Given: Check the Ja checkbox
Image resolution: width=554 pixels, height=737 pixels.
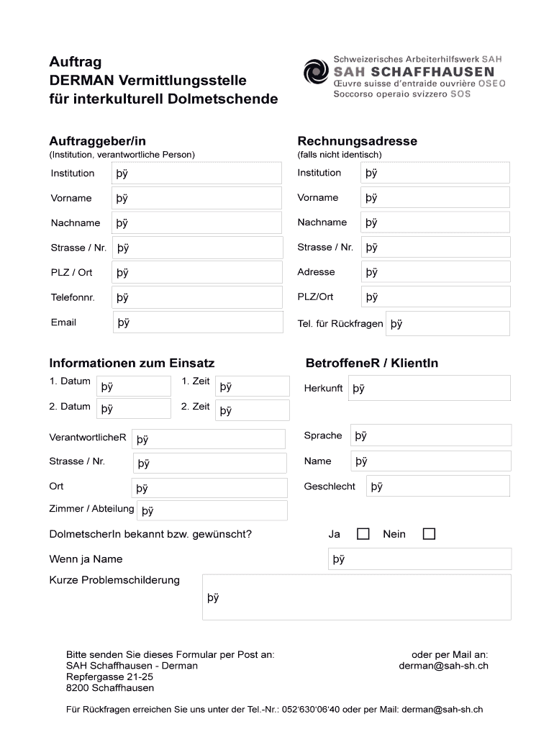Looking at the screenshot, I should coord(363,534).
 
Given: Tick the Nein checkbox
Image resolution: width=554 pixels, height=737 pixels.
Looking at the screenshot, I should coord(429,534).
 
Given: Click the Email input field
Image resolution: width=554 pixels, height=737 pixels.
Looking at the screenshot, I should coord(198,322).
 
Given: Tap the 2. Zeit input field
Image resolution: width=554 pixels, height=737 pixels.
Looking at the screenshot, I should coord(253,410).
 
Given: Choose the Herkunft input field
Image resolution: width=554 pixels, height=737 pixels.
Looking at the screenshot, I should coord(430,388).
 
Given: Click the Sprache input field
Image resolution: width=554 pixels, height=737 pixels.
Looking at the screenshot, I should coord(431,435).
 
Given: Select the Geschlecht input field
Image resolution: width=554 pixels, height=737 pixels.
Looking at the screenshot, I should coord(438,487).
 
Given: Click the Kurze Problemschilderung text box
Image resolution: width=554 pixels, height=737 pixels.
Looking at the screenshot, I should coord(357,597).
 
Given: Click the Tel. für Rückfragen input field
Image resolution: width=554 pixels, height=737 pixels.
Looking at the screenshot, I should coord(448,324).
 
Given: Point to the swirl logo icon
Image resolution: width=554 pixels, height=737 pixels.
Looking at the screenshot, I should coord(315,73).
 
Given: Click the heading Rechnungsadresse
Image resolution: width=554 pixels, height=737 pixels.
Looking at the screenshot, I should coord(357,141).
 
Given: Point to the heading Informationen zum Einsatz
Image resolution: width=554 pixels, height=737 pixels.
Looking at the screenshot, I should coord(132,363).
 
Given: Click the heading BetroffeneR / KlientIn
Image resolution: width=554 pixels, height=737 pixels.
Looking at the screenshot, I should coord(371,363).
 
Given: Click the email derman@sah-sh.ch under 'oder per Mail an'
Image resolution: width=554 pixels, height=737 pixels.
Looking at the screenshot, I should coord(443,666).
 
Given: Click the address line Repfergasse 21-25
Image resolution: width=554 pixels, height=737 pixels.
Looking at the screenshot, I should coord(109,677).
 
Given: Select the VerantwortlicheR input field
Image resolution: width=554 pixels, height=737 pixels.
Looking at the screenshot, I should coord(209,439).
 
